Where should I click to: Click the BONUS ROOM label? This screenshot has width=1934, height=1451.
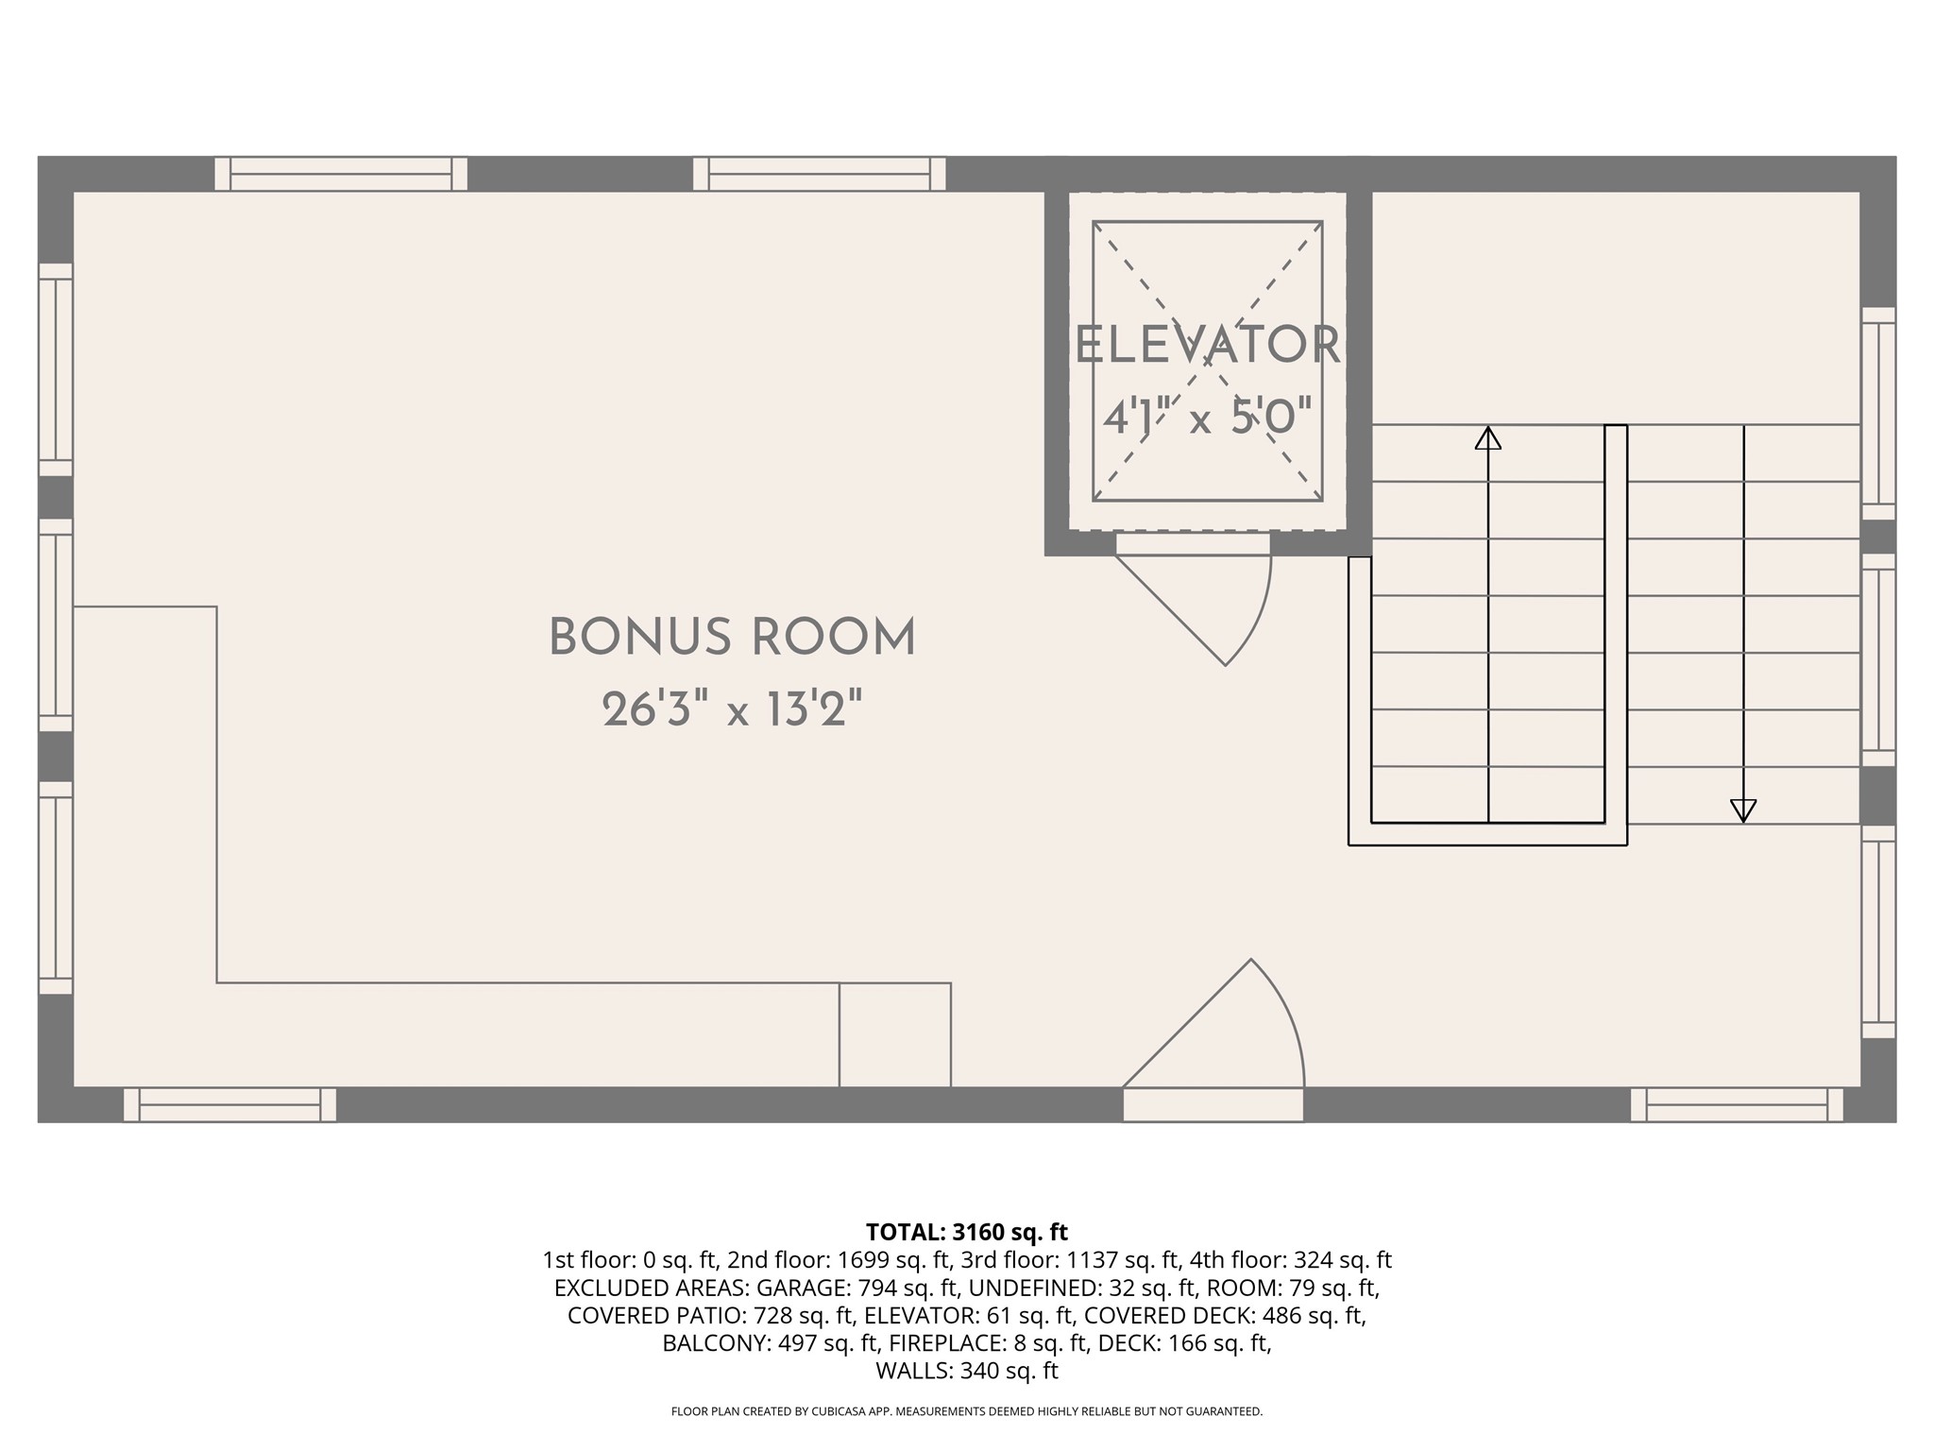[x=732, y=638]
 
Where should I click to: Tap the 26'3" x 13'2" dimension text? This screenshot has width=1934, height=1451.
[x=732, y=710]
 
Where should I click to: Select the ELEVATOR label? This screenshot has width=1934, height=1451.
[x=1207, y=346]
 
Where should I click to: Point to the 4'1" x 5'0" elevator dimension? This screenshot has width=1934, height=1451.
[x=1207, y=417]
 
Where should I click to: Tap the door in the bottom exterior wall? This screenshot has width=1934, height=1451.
[x=1213, y=1104]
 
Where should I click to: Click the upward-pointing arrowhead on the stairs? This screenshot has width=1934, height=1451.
[x=1488, y=438]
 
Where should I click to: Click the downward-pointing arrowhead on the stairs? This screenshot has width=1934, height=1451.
[x=1743, y=811]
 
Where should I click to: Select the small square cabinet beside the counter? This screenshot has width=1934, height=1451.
[x=894, y=1034]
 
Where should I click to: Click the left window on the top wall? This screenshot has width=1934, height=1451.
[x=341, y=174]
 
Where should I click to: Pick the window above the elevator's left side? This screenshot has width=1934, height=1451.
[x=819, y=174]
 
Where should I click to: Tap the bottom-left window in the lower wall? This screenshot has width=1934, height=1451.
[x=229, y=1104]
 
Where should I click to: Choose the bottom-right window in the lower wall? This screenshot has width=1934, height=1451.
[x=1737, y=1104]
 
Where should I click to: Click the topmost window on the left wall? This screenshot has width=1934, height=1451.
[x=56, y=369]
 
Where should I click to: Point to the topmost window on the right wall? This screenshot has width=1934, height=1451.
[x=1878, y=413]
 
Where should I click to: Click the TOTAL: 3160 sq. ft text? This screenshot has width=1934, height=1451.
[x=966, y=1232]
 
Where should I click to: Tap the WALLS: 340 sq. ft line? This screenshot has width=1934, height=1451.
[x=966, y=1371]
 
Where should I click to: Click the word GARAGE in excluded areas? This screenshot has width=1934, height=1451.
[x=799, y=1288]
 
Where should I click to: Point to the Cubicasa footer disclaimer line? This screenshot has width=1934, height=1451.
[x=966, y=1411]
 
